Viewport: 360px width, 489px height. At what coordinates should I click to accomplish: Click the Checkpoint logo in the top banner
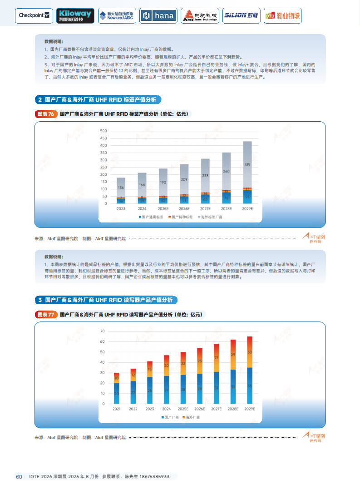point(34,15)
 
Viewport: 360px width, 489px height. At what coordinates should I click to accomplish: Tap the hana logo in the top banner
point(158,15)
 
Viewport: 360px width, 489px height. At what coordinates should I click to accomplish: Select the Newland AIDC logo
point(117,15)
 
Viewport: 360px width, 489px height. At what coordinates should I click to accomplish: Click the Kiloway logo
point(75,15)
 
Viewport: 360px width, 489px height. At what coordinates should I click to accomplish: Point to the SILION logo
point(241,15)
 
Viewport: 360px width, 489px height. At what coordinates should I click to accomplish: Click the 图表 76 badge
point(46,114)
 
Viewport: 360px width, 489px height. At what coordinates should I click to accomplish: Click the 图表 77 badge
point(46,314)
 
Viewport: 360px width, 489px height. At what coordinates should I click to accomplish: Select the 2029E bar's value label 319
point(247,165)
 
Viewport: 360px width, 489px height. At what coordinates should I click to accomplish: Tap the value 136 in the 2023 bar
point(121,188)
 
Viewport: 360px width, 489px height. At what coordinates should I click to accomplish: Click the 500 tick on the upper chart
point(103,131)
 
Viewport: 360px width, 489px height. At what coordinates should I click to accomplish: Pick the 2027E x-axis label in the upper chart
point(205,209)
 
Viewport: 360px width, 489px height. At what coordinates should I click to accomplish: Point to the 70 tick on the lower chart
point(103,331)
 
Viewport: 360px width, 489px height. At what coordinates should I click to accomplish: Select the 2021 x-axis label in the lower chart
point(117,409)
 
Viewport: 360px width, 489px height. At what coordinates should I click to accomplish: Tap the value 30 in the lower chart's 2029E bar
point(250,352)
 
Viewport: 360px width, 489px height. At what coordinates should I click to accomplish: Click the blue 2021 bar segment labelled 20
point(117,393)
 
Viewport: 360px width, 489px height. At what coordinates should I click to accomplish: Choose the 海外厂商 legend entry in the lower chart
point(192,417)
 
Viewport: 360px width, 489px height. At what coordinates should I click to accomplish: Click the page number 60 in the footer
point(19,477)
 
